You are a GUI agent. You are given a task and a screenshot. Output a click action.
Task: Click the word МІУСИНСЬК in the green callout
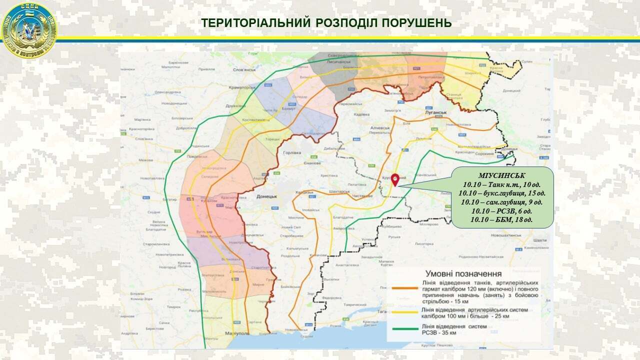(x=501, y=175)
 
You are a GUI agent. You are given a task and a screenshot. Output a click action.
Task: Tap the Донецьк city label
(x=266, y=197)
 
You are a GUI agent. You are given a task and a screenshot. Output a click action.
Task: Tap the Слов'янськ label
(x=243, y=70)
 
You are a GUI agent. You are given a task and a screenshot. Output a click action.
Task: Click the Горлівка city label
(x=291, y=153)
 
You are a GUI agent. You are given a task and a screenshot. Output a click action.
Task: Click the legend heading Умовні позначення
(x=463, y=273)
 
